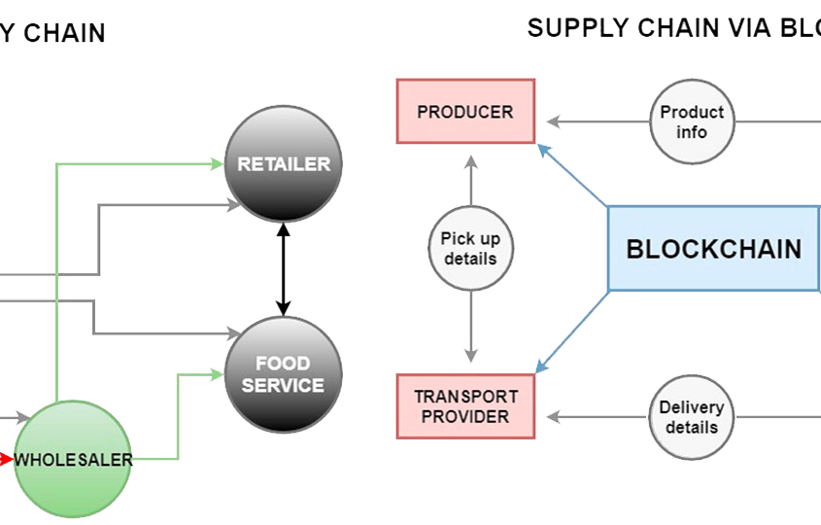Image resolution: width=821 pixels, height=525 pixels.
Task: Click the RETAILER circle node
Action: (x=284, y=164)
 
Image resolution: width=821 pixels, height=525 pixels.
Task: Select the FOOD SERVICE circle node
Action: (x=284, y=374)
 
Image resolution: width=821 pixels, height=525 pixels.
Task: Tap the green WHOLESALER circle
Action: (x=72, y=459)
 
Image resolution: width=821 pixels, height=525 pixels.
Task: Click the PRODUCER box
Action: (x=465, y=112)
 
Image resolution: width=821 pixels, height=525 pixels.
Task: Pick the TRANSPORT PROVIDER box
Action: (x=466, y=406)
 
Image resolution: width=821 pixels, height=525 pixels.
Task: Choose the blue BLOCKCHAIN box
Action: (x=713, y=249)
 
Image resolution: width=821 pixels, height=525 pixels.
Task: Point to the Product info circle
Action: (x=692, y=122)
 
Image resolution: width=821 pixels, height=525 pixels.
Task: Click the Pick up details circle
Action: (x=470, y=249)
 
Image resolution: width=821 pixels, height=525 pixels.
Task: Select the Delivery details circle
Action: (x=692, y=417)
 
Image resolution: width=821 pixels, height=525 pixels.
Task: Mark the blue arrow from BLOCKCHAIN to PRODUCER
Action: (x=573, y=176)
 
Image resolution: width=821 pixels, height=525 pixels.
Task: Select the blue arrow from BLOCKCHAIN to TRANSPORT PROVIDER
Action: (x=573, y=331)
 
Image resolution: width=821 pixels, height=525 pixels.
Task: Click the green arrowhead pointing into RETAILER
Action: (x=218, y=164)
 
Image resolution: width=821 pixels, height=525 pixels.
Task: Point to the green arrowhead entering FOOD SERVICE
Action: (x=218, y=372)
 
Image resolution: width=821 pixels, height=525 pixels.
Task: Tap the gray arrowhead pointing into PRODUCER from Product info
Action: (x=553, y=122)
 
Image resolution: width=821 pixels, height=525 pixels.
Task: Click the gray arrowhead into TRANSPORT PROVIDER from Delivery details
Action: (x=553, y=417)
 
